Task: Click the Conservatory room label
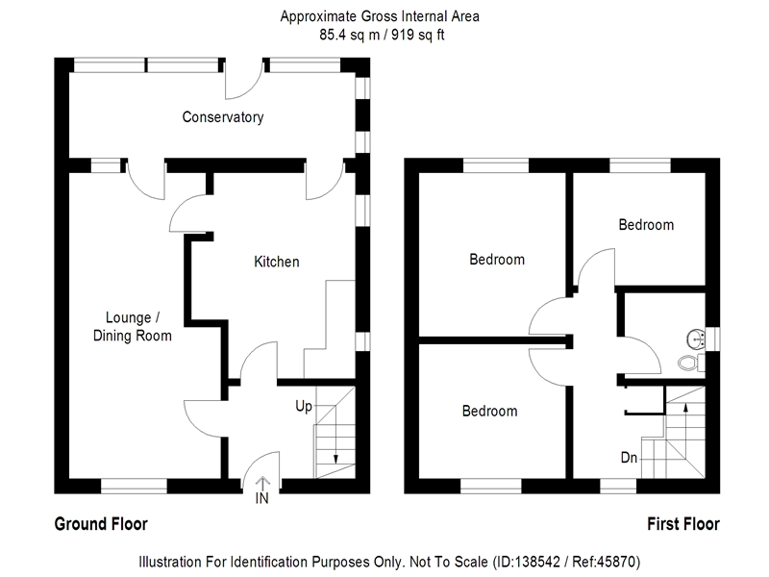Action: [x=223, y=117]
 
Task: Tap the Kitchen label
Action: [x=277, y=262]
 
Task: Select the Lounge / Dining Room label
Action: [x=132, y=327]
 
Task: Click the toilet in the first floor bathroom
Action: [x=691, y=363]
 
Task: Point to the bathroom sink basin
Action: [x=695, y=339]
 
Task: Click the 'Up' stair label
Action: [x=304, y=407]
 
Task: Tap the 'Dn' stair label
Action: [x=629, y=458]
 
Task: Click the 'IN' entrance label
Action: [x=261, y=498]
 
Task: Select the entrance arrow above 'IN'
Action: [x=262, y=483]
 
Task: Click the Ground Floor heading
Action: [x=101, y=524]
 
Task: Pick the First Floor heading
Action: [x=683, y=524]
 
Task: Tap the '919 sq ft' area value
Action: [x=418, y=35]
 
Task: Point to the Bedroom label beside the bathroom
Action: [x=646, y=225]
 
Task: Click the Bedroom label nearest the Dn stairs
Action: [x=489, y=411]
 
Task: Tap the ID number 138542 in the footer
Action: [x=536, y=562]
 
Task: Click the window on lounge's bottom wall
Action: [x=134, y=486]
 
